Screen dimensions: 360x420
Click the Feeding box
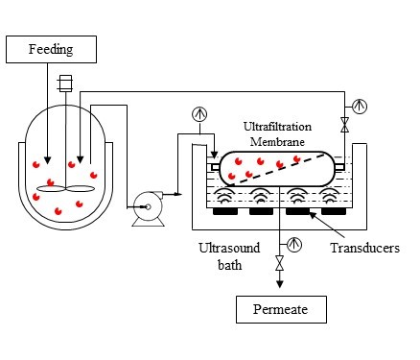point(52,48)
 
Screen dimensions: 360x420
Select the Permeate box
point(281,310)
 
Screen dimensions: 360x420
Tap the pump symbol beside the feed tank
point(147,204)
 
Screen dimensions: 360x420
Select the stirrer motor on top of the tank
point(66,84)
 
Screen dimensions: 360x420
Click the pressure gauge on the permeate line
point(294,244)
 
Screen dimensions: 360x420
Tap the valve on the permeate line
point(280,262)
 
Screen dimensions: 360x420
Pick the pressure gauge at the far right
point(360,105)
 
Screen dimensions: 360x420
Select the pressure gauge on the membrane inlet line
point(198,112)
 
